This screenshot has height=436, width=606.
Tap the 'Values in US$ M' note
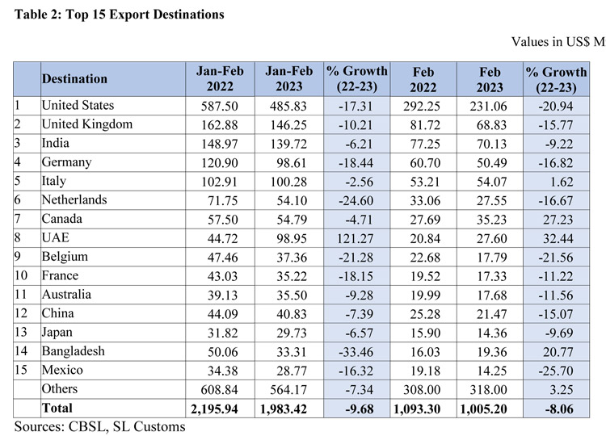point(558,41)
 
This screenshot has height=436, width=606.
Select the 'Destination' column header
point(74,79)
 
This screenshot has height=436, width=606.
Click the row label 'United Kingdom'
point(86,124)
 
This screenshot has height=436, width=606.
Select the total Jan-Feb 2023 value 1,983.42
point(288,409)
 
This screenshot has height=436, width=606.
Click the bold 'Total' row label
point(58,409)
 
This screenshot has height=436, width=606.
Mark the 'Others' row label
point(61,389)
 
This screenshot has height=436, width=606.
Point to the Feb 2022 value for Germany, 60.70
point(422,162)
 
